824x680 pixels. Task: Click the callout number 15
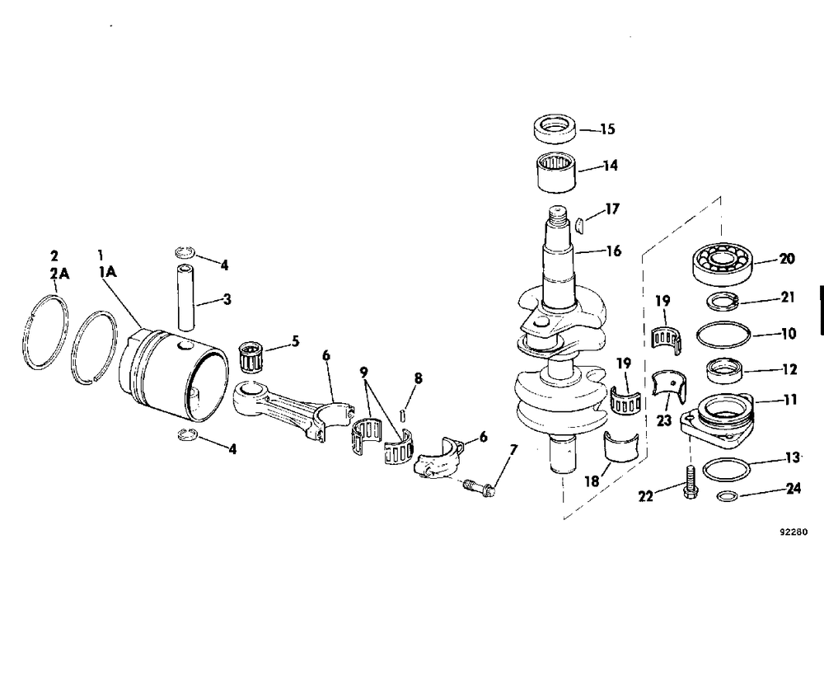pos(607,129)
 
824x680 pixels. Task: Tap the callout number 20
pos(786,259)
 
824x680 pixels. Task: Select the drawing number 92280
pos(794,532)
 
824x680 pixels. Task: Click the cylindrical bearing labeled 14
pos(551,171)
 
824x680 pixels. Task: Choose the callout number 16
pos(612,251)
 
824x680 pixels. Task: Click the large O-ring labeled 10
pos(723,335)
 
